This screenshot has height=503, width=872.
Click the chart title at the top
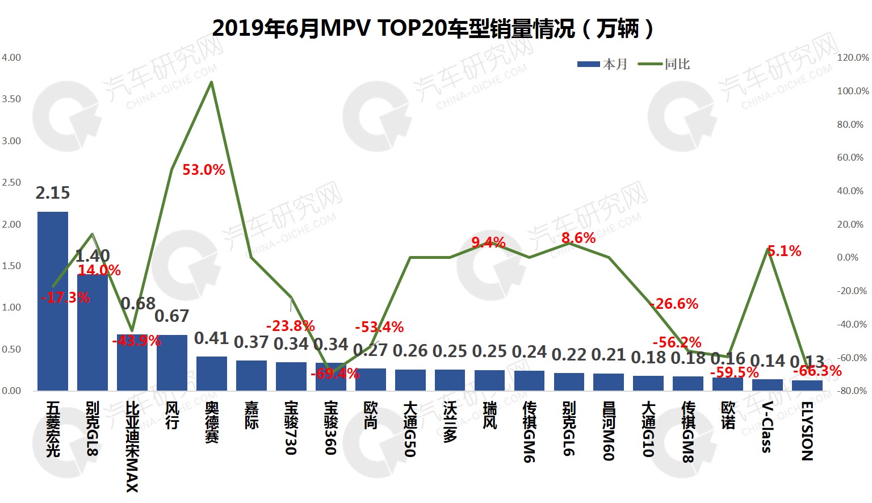[x=433, y=28]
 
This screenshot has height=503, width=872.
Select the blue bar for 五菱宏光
[x=53, y=301]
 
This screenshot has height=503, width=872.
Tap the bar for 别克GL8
[x=93, y=332]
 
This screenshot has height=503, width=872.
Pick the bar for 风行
[x=172, y=363]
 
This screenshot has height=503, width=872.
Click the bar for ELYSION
[x=807, y=385]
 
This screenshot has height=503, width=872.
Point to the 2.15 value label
[x=53, y=193]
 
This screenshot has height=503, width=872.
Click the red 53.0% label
[x=204, y=170]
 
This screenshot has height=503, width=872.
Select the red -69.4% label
[x=335, y=374]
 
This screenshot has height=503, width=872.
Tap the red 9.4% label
[x=488, y=243]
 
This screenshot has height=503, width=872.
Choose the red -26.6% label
[x=674, y=304]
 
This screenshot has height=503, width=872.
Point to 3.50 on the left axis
[x=11, y=99]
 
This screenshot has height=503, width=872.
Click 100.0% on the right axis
[x=853, y=91]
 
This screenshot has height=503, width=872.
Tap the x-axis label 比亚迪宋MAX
[x=132, y=446]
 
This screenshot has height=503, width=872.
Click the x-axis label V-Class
[x=767, y=427]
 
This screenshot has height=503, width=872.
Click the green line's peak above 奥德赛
[x=212, y=82]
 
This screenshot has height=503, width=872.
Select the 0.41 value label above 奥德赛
[x=211, y=338]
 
